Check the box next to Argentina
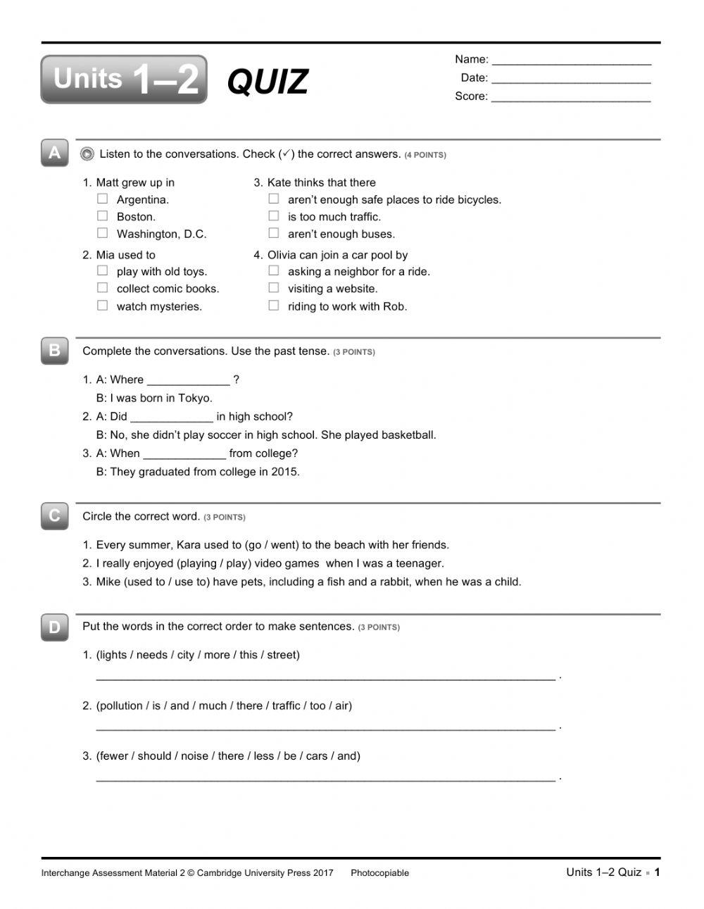103,199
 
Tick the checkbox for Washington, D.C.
103,233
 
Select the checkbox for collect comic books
103,288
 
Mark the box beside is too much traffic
274,216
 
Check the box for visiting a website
274,288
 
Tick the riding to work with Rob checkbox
274,306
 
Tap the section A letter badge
54,153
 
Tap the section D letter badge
54,627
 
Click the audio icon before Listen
87,153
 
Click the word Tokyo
194,398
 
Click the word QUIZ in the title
268,82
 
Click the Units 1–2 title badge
124,80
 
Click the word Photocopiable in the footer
379,873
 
